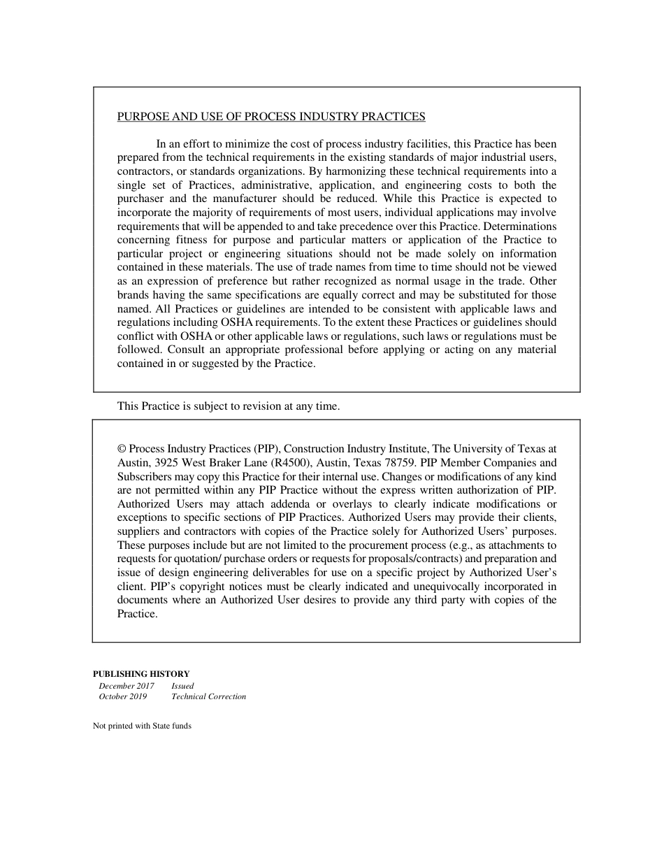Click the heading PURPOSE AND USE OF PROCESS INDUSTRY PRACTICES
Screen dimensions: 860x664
tap(271, 116)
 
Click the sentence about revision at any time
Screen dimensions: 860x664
tap(228, 406)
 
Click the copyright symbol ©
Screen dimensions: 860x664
tap(122, 449)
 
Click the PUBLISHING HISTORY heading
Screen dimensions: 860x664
tap(141, 674)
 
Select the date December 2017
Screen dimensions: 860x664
tap(127, 686)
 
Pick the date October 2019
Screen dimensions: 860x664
tap(123, 696)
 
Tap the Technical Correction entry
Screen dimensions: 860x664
tap(208, 696)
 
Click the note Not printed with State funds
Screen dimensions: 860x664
tap(142, 726)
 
